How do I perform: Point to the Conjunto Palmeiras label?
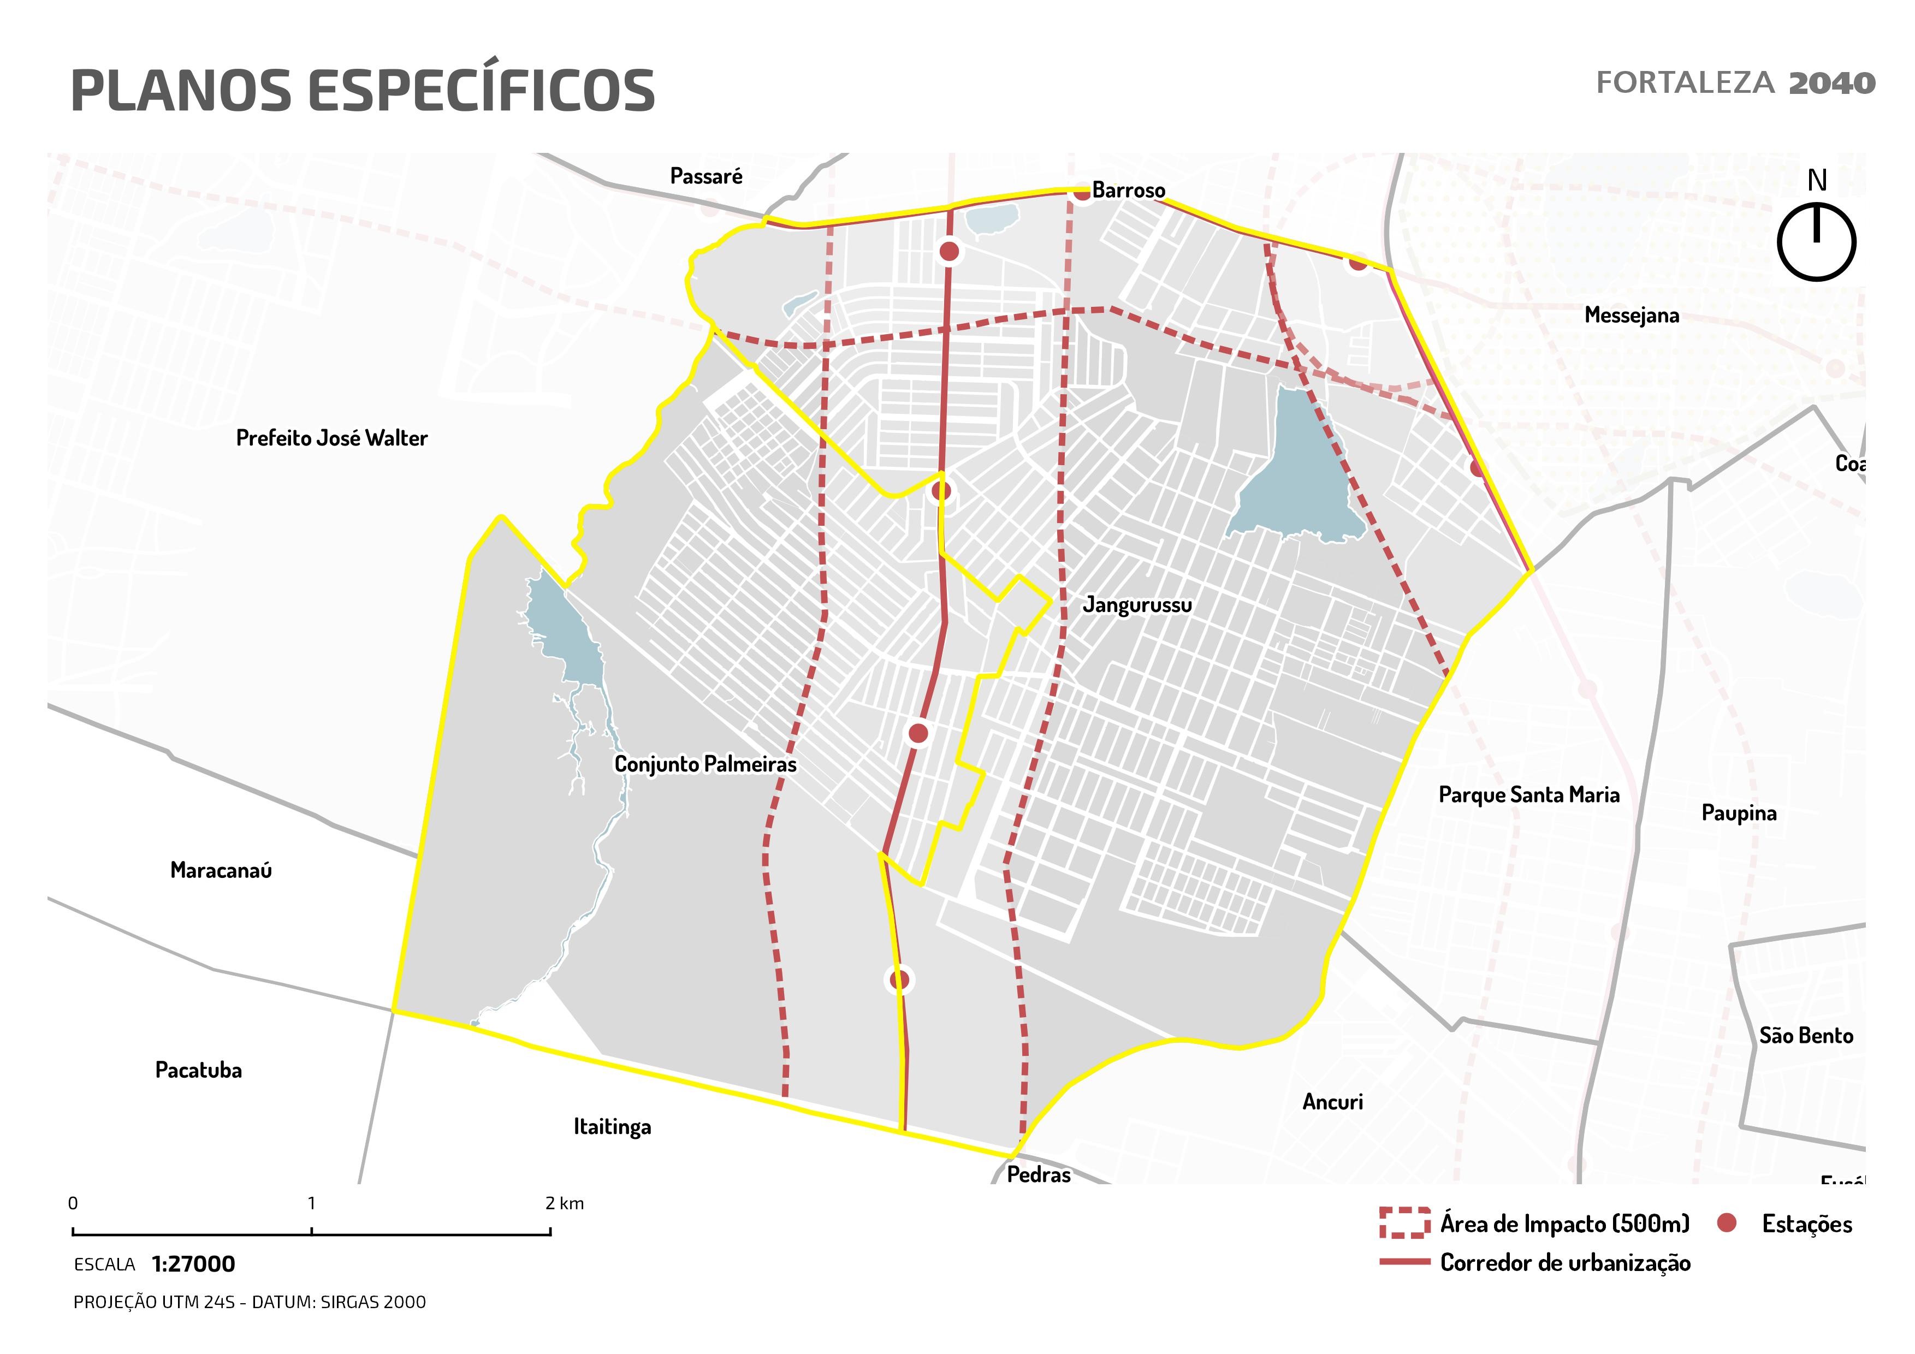(x=705, y=764)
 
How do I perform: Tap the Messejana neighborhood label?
(x=1632, y=315)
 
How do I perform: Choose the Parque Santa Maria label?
(x=1529, y=794)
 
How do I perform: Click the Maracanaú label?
(x=221, y=870)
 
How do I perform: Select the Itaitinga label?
(x=612, y=1127)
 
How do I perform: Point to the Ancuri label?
(x=1332, y=1102)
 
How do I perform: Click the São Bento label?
(x=1806, y=1036)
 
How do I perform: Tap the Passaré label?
(x=705, y=176)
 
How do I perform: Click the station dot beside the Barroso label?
(x=1082, y=193)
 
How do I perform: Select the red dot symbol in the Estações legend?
(x=1727, y=1223)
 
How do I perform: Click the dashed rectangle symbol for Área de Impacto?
(x=1404, y=1223)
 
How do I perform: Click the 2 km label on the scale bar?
(x=565, y=1203)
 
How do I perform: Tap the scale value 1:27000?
(x=193, y=1264)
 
